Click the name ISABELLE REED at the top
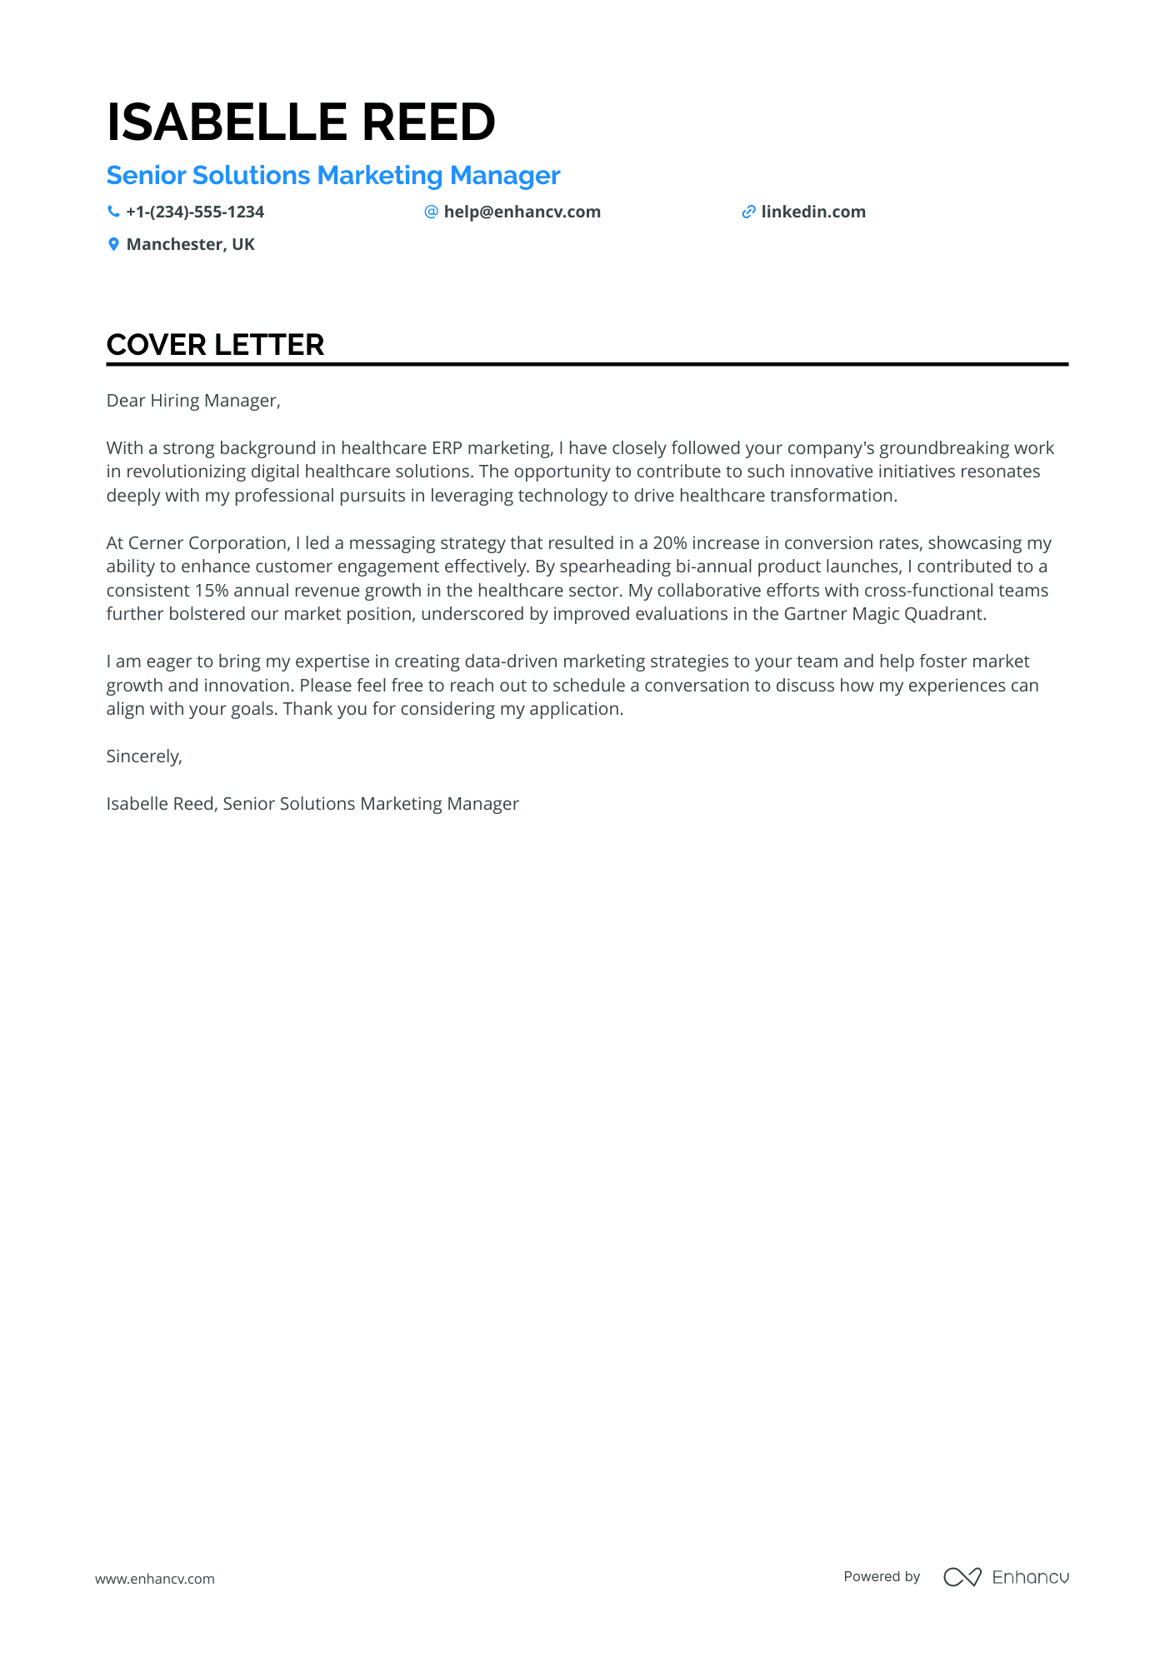coord(301,122)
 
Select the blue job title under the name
coord(333,176)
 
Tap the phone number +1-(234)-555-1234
coord(195,212)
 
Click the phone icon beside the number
coord(113,212)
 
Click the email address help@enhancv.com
coord(522,212)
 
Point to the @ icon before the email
coord(431,212)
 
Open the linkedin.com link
coord(812,212)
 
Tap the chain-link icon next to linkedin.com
coord(748,212)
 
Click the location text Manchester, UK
coord(190,245)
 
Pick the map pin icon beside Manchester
coord(113,245)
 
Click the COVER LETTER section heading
coord(215,345)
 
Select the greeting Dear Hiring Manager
coord(193,401)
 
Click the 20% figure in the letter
coord(669,543)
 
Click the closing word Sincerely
coord(144,756)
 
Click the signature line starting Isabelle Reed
coord(312,804)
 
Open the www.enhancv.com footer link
coord(155,1579)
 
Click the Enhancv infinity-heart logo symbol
coord(962,1577)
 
